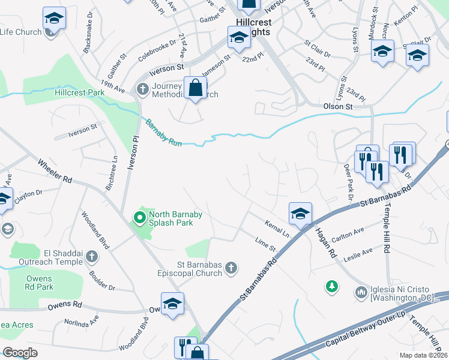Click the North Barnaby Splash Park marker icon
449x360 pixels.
[x=140, y=217]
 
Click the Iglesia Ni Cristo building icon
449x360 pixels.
[x=361, y=292]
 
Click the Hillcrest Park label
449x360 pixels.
[x=79, y=93]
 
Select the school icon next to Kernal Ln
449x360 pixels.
[x=300, y=212]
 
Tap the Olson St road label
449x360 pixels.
[x=338, y=106]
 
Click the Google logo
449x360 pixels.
[x=20, y=352]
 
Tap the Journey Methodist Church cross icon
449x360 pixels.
[x=142, y=89]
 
